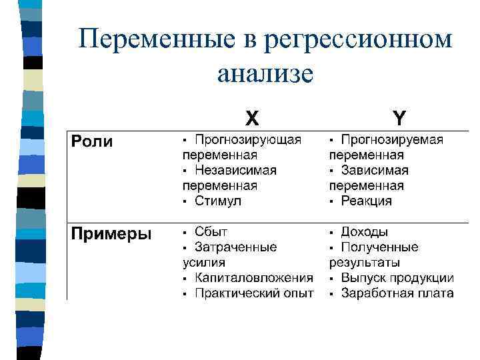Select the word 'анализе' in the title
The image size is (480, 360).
point(265,73)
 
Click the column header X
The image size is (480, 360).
point(252,118)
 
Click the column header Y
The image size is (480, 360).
point(399,118)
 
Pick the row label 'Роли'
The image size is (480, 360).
point(92,141)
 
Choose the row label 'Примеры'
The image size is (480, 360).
point(111,233)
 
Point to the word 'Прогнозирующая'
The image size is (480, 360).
point(247,140)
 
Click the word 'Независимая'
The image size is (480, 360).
point(235,170)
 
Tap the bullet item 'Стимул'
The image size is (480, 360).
point(218,201)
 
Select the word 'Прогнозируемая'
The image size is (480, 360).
point(392,140)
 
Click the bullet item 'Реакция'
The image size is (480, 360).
point(366,201)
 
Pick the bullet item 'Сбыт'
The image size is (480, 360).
point(211,232)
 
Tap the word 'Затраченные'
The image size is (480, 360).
point(235,247)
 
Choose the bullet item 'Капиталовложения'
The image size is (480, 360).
point(253,278)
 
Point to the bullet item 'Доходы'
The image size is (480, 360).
point(364,232)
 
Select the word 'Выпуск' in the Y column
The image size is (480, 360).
point(362,278)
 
